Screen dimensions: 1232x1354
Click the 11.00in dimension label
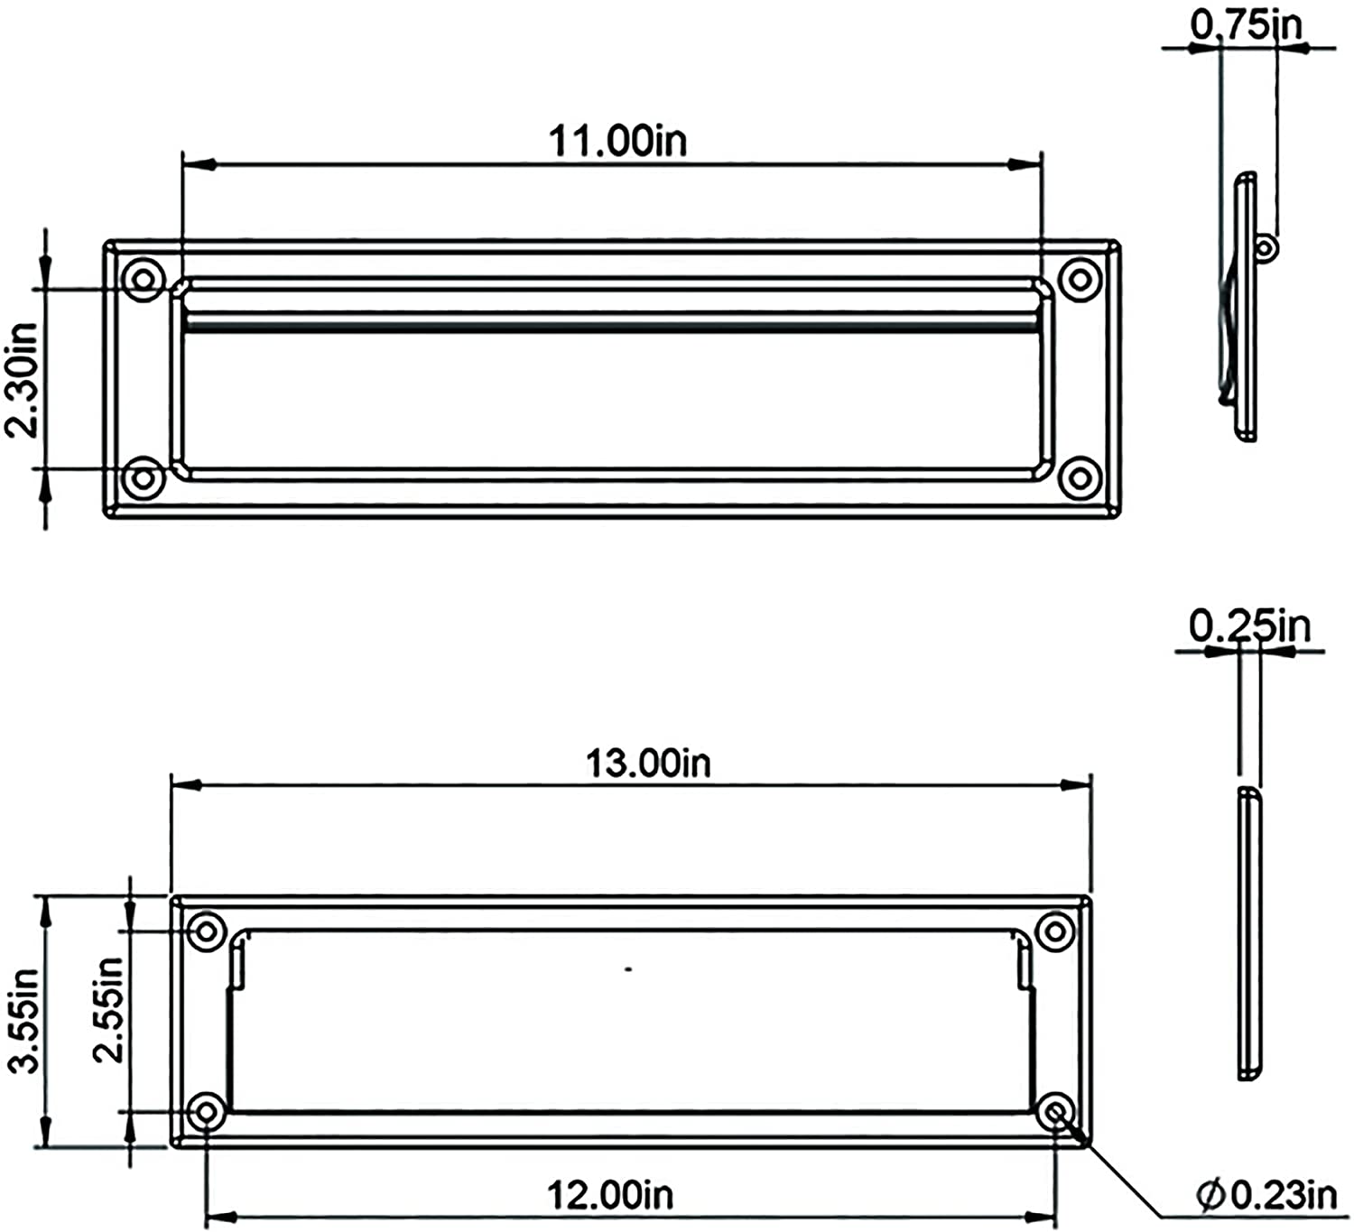pos(617,141)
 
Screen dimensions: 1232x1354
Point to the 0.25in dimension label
pos(1248,625)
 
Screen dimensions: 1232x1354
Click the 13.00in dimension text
pos(648,764)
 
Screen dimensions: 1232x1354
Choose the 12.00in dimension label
pos(610,1195)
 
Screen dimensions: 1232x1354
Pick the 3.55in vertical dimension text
pos(23,1020)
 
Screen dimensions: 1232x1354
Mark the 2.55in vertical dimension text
pos(108,1009)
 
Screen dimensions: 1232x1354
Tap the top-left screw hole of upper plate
pos(143,278)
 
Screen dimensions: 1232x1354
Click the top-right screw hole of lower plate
pos(1054,931)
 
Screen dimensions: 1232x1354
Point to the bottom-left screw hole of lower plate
pos(207,1110)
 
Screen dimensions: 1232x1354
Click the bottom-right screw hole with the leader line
pos(1055,1110)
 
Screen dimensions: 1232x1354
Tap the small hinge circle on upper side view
pos(1266,246)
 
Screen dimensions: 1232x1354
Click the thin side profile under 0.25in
pos(1248,934)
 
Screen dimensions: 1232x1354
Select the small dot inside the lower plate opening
pos(628,969)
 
